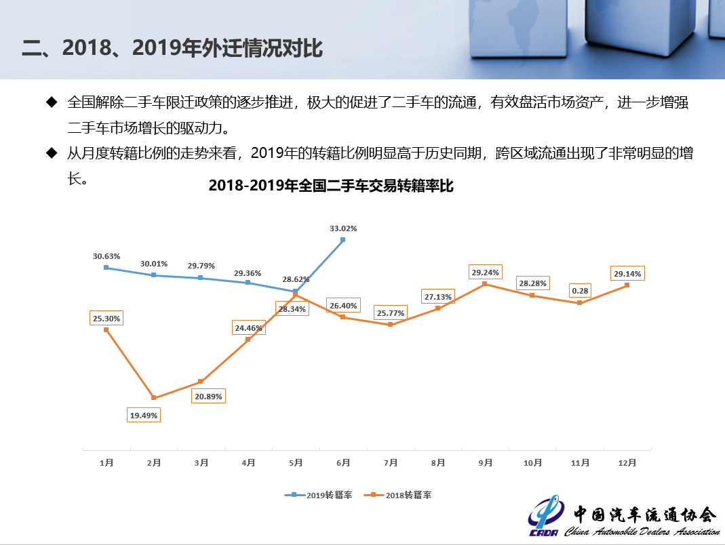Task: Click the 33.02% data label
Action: pos(343,228)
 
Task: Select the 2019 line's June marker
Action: pos(343,239)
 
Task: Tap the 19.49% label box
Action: pos(144,413)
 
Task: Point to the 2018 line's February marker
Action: pos(154,398)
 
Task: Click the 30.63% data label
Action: pos(106,256)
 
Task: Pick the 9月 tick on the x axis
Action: pos(485,463)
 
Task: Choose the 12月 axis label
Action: pos(627,463)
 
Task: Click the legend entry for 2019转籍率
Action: pos(318,495)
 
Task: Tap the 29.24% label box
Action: pos(485,272)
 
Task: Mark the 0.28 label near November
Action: pos(580,291)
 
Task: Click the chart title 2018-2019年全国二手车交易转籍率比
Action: pos(331,186)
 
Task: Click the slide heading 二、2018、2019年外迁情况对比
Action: pos(172,48)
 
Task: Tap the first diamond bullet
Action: pos(52,102)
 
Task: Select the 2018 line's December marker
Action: pos(627,285)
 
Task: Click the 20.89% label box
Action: pos(208,396)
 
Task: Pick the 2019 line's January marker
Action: pos(106,268)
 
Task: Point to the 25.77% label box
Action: pos(390,313)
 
